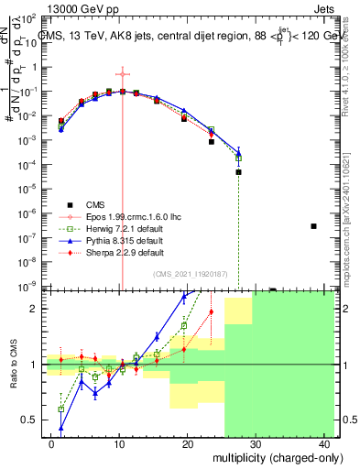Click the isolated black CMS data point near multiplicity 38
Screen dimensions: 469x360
tap(313, 226)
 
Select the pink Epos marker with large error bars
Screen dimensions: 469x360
tap(123, 74)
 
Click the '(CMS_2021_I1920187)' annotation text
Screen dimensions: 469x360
tap(189, 274)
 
